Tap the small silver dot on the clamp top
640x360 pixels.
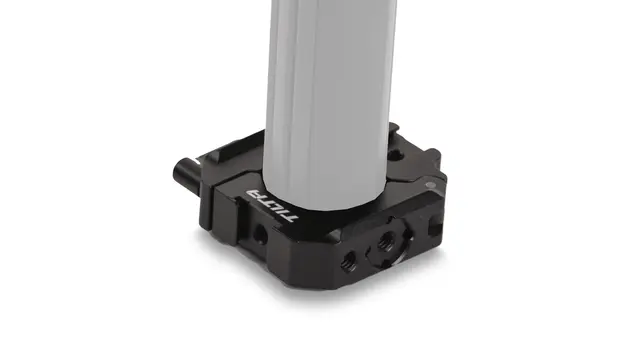coord(429,185)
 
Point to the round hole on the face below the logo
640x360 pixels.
coord(260,233)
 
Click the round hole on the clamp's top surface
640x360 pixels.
coord(394,155)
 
